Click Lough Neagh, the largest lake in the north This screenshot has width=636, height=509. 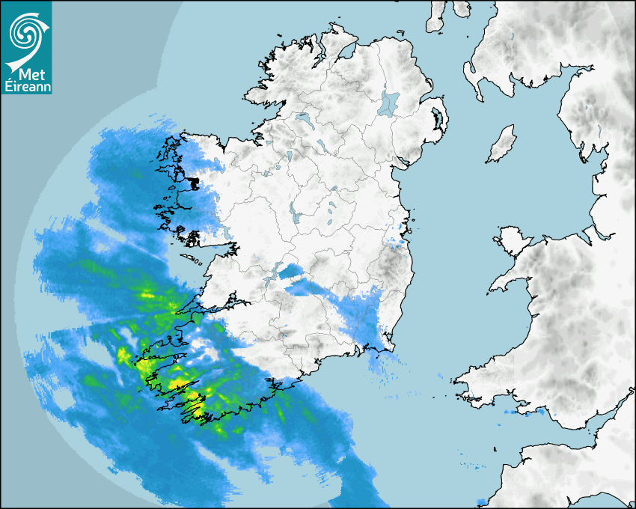pyautogui.click(x=389, y=103)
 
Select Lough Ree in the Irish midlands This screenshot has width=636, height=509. pyautogui.click(x=296, y=217)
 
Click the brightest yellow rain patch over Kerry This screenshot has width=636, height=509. pyautogui.click(x=196, y=409)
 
